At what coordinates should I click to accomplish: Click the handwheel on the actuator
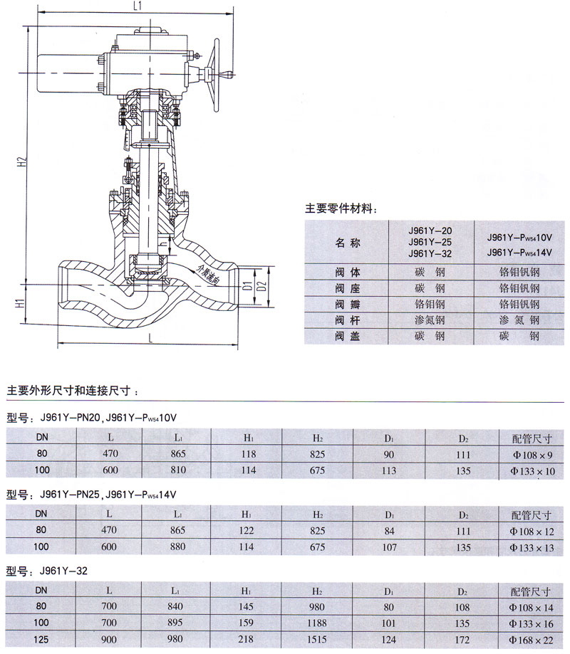coord(217,75)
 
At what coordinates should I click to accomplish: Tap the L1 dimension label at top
coord(138,6)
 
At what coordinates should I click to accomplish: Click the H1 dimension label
coord(21,303)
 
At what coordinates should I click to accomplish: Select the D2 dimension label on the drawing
coord(261,287)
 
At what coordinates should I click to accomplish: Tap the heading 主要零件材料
coord(341,208)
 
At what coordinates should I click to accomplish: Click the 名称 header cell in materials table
coord(348,243)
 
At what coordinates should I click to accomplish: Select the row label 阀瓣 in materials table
coord(348,305)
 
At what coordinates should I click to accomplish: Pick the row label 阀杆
coord(348,320)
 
